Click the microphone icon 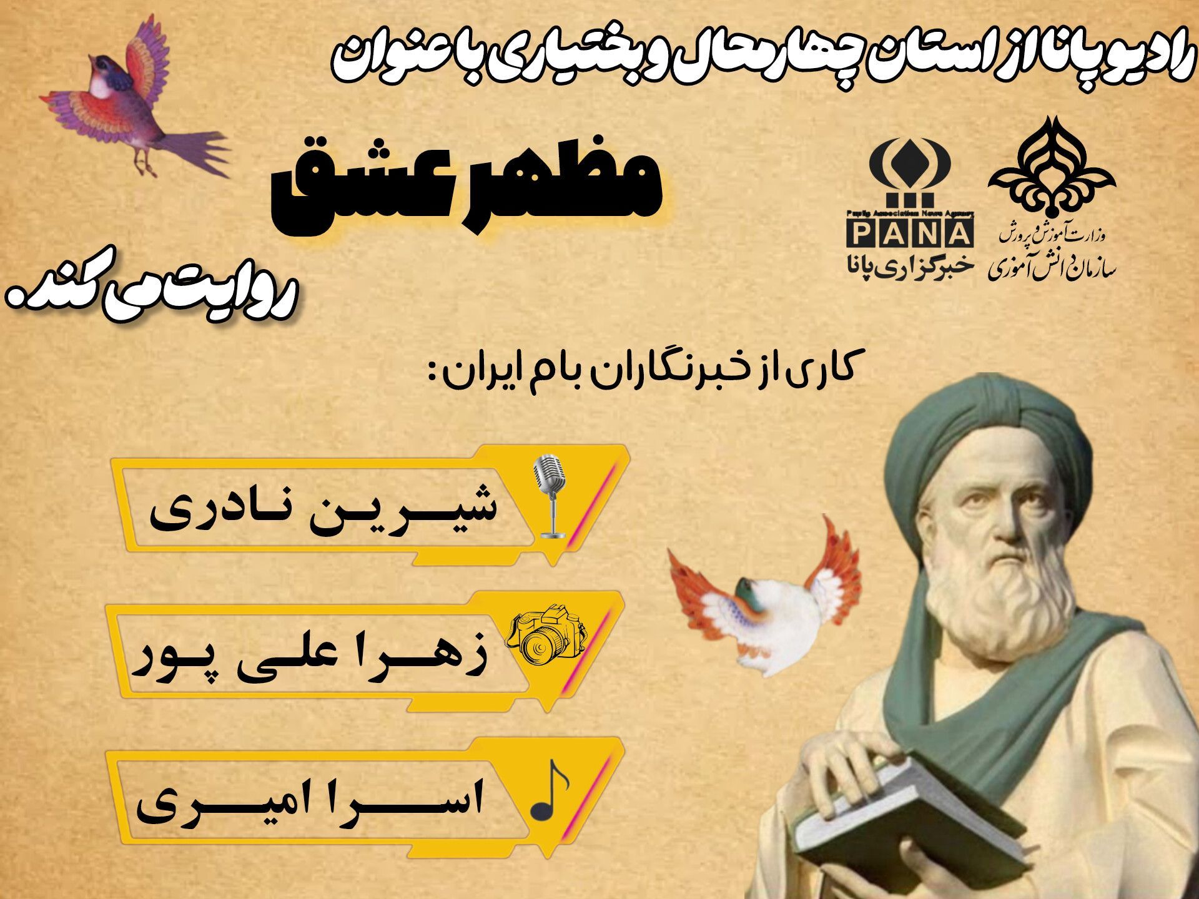coord(552,496)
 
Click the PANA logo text coord(910,235)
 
